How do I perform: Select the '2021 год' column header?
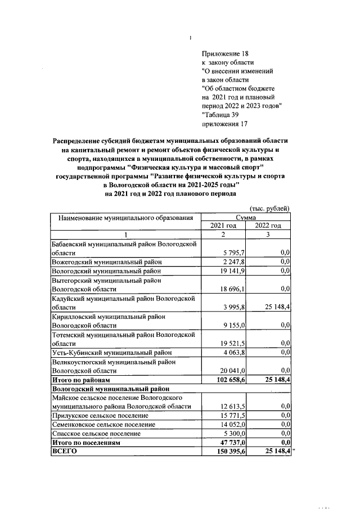[x=223, y=226]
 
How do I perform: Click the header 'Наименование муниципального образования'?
[x=126, y=218]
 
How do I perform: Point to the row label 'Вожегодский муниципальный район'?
[x=106, y=262]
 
